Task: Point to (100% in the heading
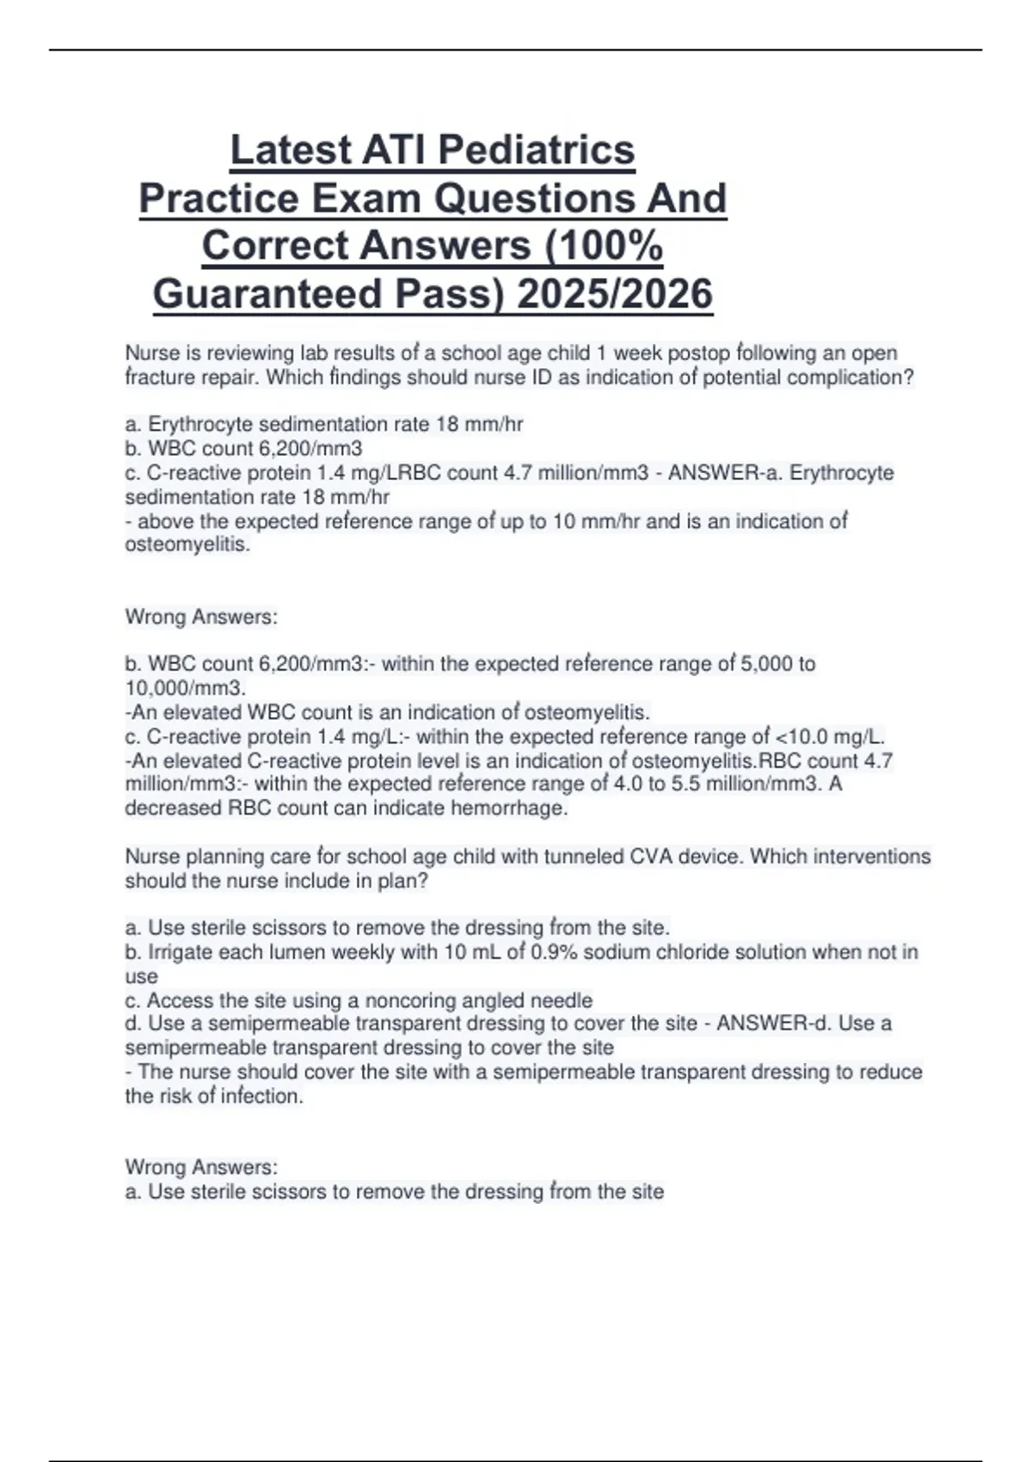tap(604, 246)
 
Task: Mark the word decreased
tap(174, 808)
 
